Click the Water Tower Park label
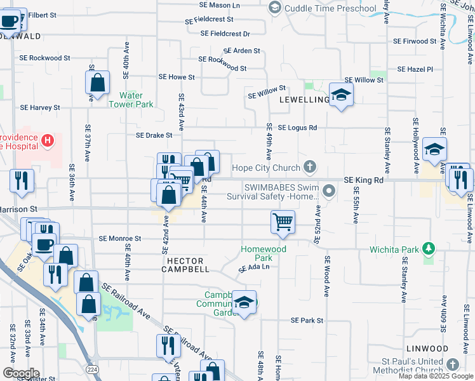(137, 100)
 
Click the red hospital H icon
(46, 140)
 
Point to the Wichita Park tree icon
(429, 247)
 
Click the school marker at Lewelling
(342, 95)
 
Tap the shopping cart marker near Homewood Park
(282, 222)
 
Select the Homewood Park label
(264, 253)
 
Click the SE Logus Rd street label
(297, 128)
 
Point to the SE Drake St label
(154, 135)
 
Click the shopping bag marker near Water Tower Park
(98, 83)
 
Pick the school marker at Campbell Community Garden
(244, 303)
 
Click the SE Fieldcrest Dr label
(225, 34)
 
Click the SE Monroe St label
(119, 239)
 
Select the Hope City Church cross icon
(310, 168)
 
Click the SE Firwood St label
(415, 41)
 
